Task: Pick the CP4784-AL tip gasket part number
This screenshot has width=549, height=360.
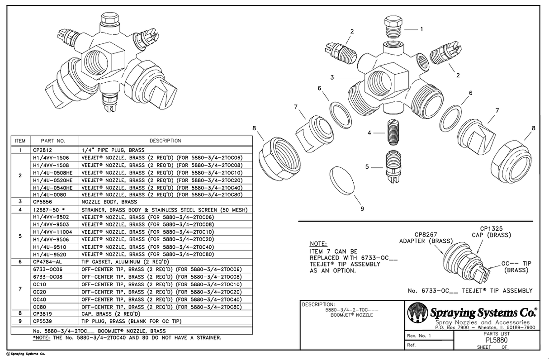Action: click(x=47, y=261)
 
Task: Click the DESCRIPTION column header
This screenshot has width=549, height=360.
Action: click(x=166, y=141)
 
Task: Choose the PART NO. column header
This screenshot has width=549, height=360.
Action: click(x=53, y=141)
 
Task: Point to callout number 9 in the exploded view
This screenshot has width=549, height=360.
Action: click(x=362, y=208)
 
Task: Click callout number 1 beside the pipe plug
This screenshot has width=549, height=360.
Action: click(x=421, y=29)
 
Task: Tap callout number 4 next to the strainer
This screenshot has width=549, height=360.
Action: click(x=369, y=133)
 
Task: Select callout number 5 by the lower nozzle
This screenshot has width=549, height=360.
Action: click(x=367, y=166)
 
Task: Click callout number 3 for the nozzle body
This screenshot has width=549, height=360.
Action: click(x=332, y=78)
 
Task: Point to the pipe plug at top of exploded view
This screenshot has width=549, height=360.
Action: click(x=392, y=26)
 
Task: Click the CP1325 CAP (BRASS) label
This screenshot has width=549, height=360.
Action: click(x=495, y=232)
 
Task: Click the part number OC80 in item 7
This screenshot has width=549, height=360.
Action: click(x=40, y=307)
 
